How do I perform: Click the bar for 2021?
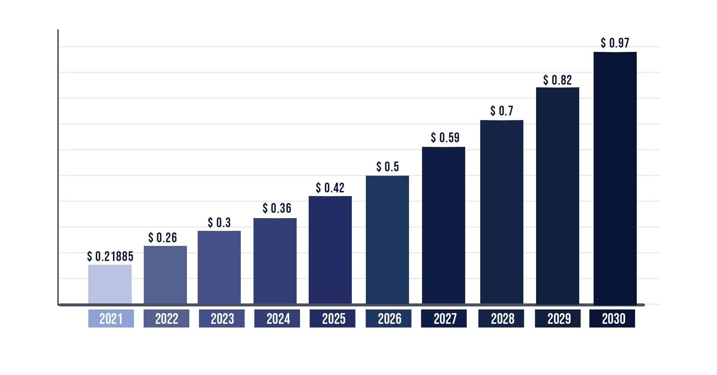[x=110, y=284]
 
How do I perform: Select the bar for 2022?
[x=165, y=275]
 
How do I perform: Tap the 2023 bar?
[x=219, y=267]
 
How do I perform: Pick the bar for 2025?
[x=330, y=250]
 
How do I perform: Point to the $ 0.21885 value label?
[x=110, y=257]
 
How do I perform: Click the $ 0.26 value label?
[x=163, y=238]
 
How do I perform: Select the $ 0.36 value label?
[x=277, y=208]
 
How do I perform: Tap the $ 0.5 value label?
[x=388, y=167]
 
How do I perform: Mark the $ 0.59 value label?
[x=445, y=137]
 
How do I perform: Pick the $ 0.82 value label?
[x=557, y=80]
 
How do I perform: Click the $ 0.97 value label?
[x=615, y=43]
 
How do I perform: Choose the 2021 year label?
[x=111, y=318]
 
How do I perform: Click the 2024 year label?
[x=277, y=318]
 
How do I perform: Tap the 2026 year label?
[x=389, y=318]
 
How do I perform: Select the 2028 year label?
[x=501, y=318]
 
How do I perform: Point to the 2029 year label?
[x=558, y=318]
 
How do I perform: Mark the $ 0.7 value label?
[x=502, y=111]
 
